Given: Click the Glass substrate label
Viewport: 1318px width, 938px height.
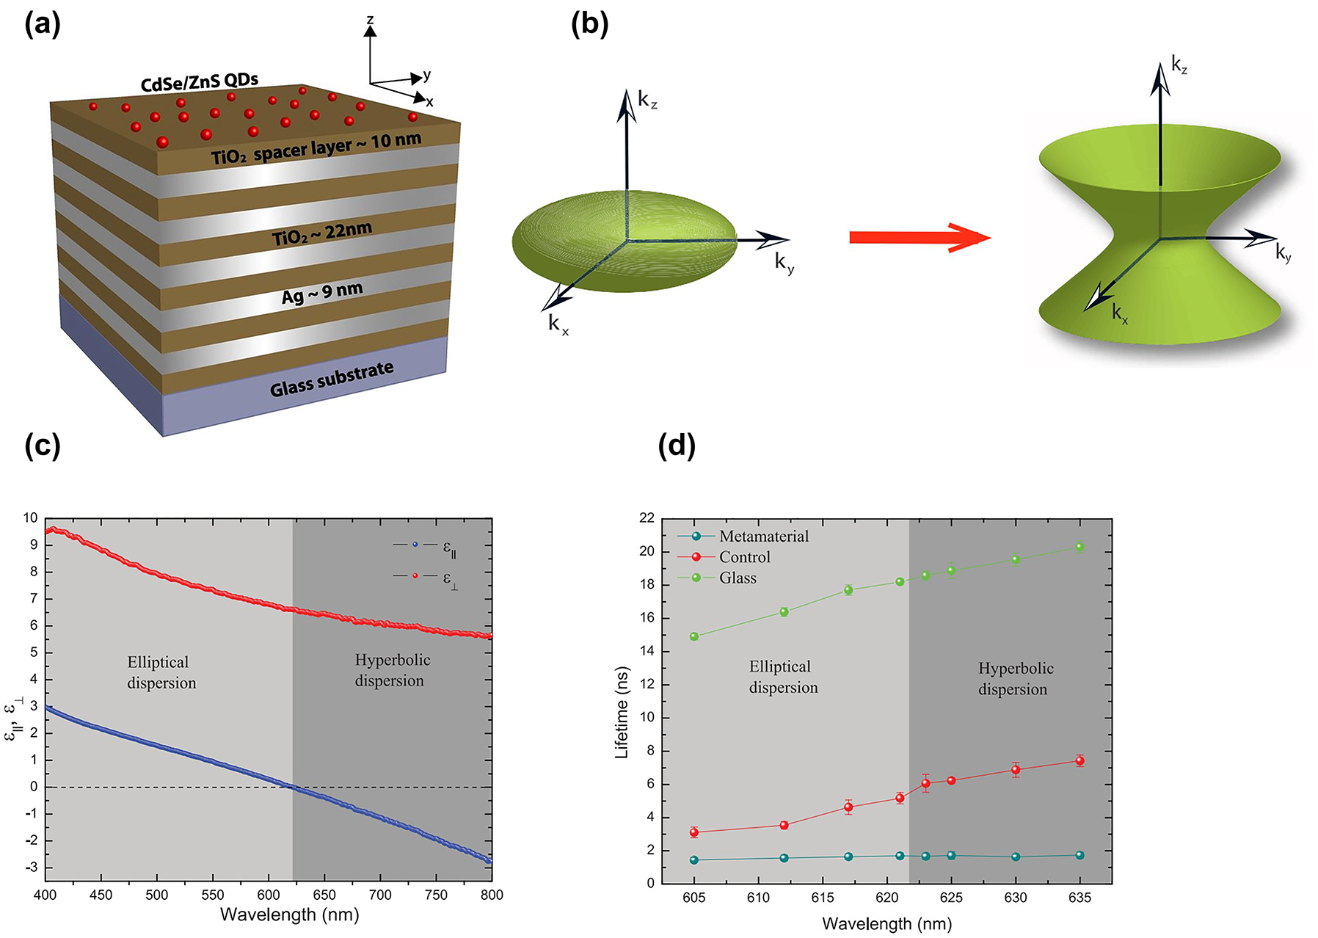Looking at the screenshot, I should coord(332,379).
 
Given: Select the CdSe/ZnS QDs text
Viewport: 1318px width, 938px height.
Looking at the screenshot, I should coord(199,82).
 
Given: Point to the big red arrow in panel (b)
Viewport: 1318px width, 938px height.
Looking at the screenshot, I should coord(919,237).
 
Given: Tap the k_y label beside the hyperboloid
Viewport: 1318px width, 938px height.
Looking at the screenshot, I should coord(1283,253).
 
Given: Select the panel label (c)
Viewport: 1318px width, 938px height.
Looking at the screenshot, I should coord(42,446).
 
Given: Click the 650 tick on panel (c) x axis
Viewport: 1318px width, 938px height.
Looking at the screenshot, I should coord(324,895).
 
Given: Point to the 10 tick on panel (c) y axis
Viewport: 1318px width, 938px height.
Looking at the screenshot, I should coord(30,518).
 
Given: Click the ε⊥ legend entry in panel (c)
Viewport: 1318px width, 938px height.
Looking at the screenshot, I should coord(426,578).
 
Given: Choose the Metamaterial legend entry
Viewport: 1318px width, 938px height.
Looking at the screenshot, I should coord(743,537).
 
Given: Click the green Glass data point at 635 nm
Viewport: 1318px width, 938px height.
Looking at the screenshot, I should coord(1079,547).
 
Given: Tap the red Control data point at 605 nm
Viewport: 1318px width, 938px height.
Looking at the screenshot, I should coord(694,832).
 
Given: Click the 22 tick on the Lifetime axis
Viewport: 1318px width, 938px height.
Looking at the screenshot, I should coord(647,518).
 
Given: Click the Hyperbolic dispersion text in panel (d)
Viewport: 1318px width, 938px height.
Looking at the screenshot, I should coord(1015,679).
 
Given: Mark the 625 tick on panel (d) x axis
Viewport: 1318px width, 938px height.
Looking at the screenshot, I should coord(951,898).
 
